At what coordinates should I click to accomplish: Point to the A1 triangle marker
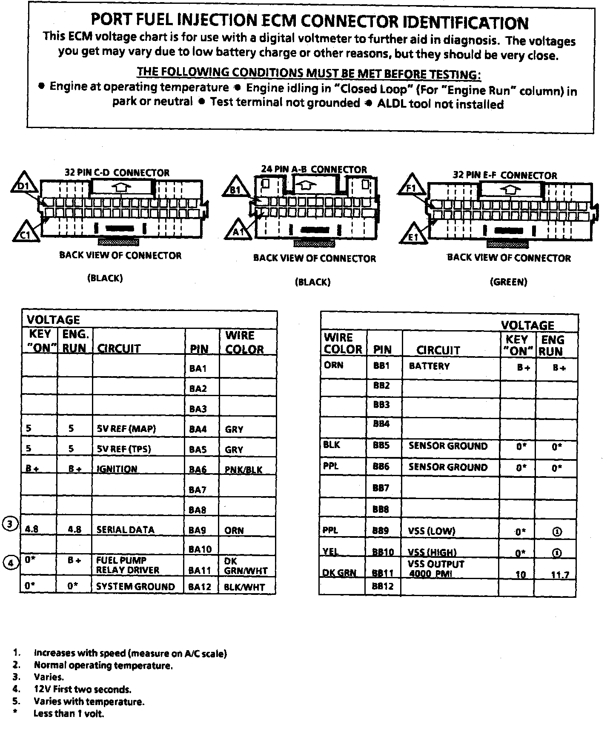[x=238, y=231]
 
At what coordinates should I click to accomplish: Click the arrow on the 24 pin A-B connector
[x=305, y=184]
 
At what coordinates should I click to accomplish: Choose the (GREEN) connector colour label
[x=509, y=282]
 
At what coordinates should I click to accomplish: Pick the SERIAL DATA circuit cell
[x=125, y=530]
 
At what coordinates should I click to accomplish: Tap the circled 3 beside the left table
[x=10, y=524]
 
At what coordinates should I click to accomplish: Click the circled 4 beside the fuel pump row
[x=11, y=563]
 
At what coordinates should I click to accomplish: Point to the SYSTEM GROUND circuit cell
[x=135, y=586]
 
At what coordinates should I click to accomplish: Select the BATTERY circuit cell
[x=429, y=366]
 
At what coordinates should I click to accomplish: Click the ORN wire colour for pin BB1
[x=333, y=365]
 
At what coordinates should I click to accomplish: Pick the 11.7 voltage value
[x=560, y=575]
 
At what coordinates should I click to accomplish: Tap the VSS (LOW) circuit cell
[x=431, y=531]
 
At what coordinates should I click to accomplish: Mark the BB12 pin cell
[x=383, y=586]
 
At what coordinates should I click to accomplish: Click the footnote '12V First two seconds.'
[x=82, y=689]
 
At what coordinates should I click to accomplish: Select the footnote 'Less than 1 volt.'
[x=69, y=714]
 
